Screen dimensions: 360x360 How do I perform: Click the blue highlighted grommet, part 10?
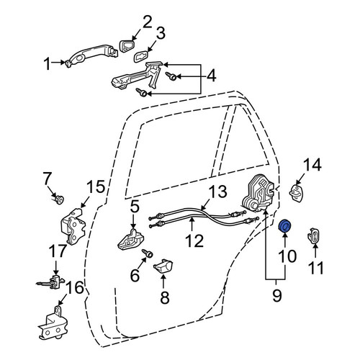[285, 226]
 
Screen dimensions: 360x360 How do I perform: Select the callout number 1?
[48, 64]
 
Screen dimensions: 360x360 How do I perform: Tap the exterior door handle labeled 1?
[91, 55]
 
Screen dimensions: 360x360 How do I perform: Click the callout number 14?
[312, 165]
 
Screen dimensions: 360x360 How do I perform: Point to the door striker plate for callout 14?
[296, 192]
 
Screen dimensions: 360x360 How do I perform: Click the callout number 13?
[217, 191]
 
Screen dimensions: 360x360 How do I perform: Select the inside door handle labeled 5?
[130, 240]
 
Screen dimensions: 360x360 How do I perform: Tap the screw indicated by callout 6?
[148, 253]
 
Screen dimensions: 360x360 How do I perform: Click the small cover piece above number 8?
[163, 265]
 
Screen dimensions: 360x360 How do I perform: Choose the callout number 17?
[58, 251]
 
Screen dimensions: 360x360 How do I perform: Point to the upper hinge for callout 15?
[73, 226]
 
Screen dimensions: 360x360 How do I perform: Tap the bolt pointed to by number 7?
[58, 199]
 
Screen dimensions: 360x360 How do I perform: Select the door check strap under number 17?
[51, 282]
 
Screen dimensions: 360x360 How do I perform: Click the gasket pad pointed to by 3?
[140, 57]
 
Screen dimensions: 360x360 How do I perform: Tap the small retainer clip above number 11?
[314, 235]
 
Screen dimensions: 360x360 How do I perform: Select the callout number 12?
[194, 240]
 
